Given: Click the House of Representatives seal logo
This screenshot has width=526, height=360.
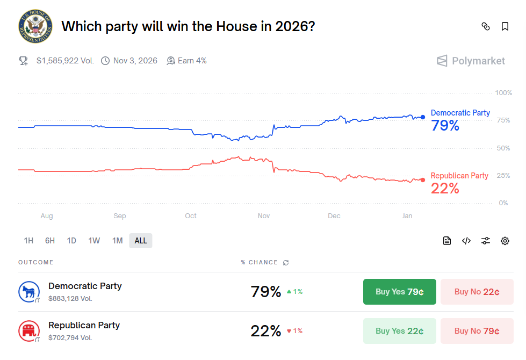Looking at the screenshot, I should click(35, 26).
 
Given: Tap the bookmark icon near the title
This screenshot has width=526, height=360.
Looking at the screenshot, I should click(505, 26).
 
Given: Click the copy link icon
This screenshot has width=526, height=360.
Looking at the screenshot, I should click(486, 26).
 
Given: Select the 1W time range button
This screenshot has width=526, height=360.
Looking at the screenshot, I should click(94, 241).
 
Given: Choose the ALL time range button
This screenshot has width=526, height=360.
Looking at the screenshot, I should click(141, 241).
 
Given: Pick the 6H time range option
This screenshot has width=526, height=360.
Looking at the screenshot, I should click(50, 241).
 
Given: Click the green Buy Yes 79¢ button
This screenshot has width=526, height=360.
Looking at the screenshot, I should click(399, 292).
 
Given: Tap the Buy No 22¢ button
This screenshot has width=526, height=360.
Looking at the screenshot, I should click(477, 292).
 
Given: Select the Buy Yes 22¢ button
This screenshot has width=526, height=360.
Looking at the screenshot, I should click(399, 331).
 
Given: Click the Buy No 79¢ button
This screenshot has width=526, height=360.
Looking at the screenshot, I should click(477, 331).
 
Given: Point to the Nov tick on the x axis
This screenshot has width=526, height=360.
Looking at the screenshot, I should click(264, 216).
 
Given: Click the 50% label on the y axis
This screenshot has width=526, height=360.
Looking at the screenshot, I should click(503, 148).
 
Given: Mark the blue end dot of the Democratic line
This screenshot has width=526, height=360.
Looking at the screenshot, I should click(423, 117).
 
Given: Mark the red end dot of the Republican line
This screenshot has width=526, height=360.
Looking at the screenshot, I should click(423, 180).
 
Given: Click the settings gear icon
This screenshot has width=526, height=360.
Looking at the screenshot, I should click(505, 241).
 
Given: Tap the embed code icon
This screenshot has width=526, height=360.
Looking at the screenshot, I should click(466, 241).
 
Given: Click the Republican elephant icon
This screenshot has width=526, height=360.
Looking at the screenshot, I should click(28, 331).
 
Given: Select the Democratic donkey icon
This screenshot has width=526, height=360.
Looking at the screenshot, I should click(28, 292).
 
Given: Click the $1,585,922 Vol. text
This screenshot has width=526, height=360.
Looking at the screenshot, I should click(65, 61).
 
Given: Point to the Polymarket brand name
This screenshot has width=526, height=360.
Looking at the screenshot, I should click(478, 61).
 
